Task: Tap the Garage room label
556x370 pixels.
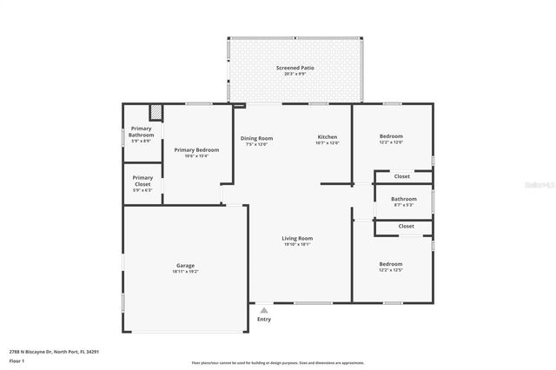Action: (x=185, y=268)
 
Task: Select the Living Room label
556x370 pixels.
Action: (x=296, y=241)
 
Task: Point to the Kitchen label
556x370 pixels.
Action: (x=327, y=140)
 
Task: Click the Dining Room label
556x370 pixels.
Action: (x=256, y=141)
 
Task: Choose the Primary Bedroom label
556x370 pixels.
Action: (x=196, y=152)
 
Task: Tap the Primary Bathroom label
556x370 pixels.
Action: (x=141, y=135)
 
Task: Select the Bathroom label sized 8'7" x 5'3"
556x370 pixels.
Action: (x=404, y=202)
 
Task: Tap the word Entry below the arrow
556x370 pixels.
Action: (x=264, y=320)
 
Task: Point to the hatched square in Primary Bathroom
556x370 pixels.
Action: (x=156, y=112)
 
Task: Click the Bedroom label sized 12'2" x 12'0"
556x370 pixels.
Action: (x=391, y=139)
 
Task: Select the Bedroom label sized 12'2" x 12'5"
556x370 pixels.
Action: (x=390, y=266)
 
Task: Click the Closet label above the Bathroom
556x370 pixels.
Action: (x=402, y=176)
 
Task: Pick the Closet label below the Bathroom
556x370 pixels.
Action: (x=406, y=226)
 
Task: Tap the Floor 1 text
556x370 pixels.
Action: (x=17, y=360)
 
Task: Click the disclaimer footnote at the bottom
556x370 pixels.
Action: (x=278, y=363)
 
